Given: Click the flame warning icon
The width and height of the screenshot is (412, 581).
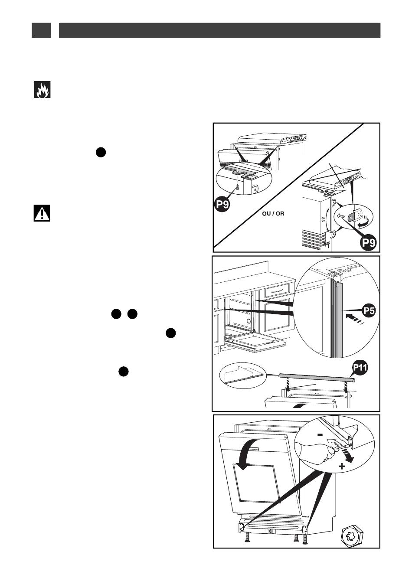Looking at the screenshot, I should [43, 89].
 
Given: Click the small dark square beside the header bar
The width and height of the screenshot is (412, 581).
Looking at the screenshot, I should [41, 30].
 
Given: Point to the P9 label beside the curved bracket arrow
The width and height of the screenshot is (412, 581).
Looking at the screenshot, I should [370, 243].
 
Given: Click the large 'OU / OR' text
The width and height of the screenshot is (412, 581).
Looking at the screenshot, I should [273, 214].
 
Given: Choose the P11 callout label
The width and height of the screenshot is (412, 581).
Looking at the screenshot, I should [360, 369].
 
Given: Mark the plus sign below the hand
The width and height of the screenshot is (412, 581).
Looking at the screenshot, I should [342, 467].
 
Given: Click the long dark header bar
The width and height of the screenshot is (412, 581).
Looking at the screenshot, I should [219, 30].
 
